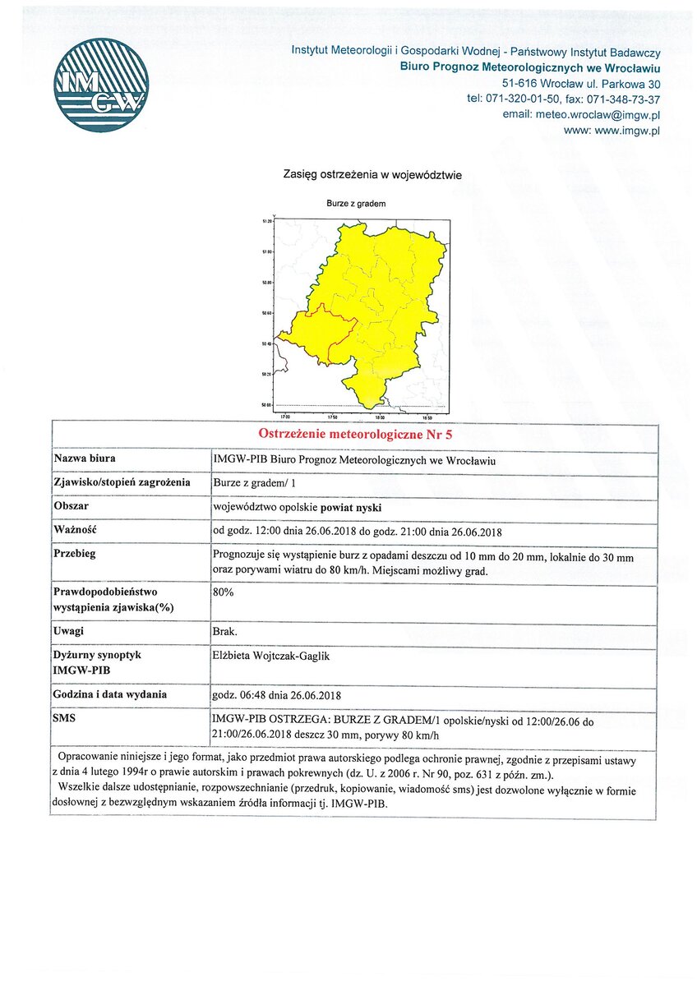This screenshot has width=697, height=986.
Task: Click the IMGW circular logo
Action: pyautogui.click(x=100, y=85)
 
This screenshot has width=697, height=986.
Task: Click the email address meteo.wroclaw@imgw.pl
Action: pyautogui.click(x=598, y=114)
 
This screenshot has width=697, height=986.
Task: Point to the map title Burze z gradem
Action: pyautogui.click(x=356, y=203)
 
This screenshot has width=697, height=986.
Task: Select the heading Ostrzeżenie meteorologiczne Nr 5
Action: pyautogui.click(x=354, y=434)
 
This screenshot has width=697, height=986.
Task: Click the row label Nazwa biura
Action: pyautogui.click(x=85, y=458)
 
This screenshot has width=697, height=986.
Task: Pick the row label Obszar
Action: pyautogui.click(x=72, y=506)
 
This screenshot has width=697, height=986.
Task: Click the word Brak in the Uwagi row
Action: pyautogui.click(x=224, y=631)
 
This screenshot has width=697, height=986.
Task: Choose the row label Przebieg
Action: pyautogui.click(x=75, y=553)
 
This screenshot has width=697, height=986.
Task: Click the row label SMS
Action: pyautogui.click(x=66, y=718)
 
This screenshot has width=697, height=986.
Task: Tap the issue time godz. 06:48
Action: pyautogui.click(x=241, y=695)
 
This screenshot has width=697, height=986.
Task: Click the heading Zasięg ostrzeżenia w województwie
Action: pyautogui.click(x=372, y=174)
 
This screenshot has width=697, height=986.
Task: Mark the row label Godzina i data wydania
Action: pyautogui.click(x=110, y=694)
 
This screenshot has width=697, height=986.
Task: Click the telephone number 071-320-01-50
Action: pyautogui.click(x=525, y=99)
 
